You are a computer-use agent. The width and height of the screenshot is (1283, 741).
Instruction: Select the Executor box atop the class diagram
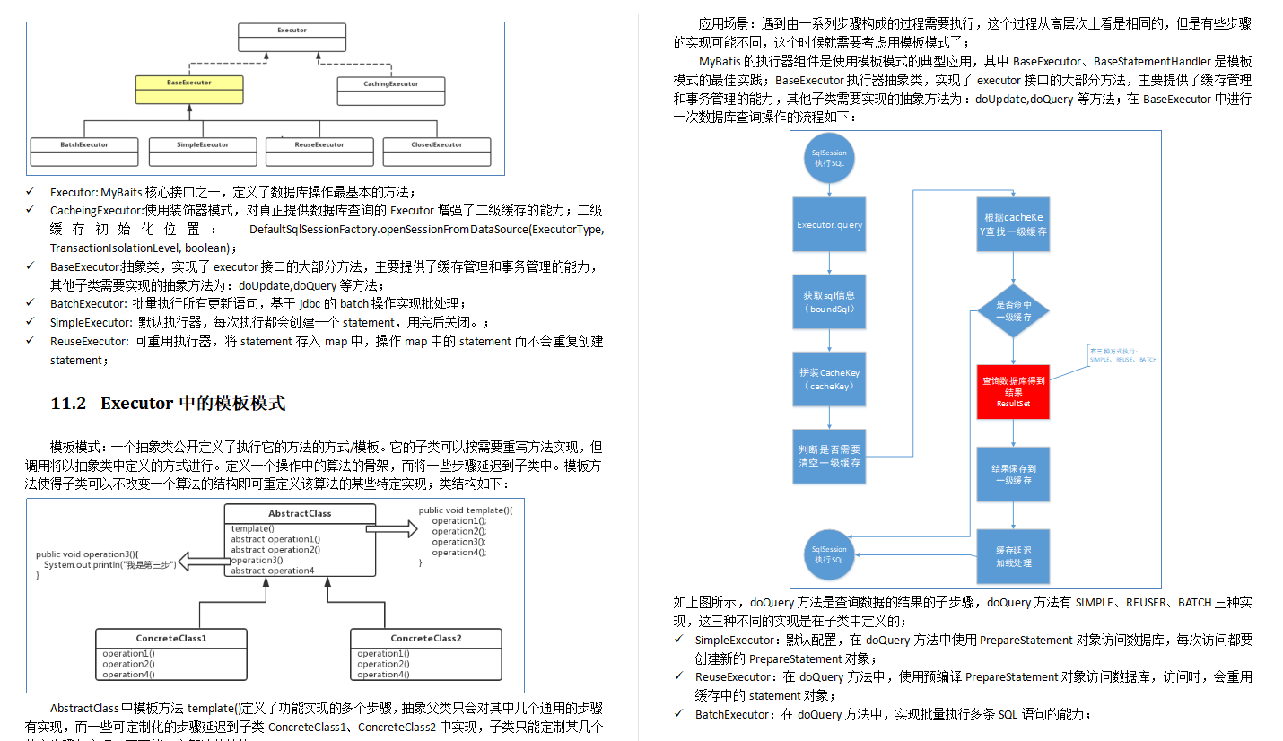coord(292,36)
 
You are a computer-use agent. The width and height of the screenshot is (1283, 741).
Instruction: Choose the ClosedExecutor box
coord(436,150)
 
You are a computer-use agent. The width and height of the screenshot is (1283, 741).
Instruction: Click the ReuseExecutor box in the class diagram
coord(319,150)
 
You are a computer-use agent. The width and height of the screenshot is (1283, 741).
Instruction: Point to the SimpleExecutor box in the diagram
coord(202,150)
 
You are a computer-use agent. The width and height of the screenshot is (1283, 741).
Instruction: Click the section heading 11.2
coord(168,404)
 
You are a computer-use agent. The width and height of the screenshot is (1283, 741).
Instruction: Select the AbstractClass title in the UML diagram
coord(300,514)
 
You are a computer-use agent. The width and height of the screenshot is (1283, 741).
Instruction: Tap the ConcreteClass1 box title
coord(171,639)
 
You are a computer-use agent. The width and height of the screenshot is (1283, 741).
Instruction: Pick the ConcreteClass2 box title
coord(425,639)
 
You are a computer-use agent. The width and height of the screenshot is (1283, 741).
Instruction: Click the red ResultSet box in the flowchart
coord(1013,392)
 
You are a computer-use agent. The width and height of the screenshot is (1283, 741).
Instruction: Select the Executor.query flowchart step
coord(829,225)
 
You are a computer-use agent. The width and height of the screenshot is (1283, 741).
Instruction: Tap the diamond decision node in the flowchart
coord(1013,310)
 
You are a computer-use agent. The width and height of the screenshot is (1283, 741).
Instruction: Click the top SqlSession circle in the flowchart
coord(829,159)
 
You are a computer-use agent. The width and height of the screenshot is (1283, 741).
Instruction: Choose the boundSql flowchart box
coord(829,301)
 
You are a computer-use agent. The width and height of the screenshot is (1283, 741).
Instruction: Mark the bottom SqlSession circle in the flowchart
coord(828,554)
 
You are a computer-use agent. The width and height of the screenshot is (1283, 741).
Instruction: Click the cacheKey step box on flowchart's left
coord(829,379)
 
